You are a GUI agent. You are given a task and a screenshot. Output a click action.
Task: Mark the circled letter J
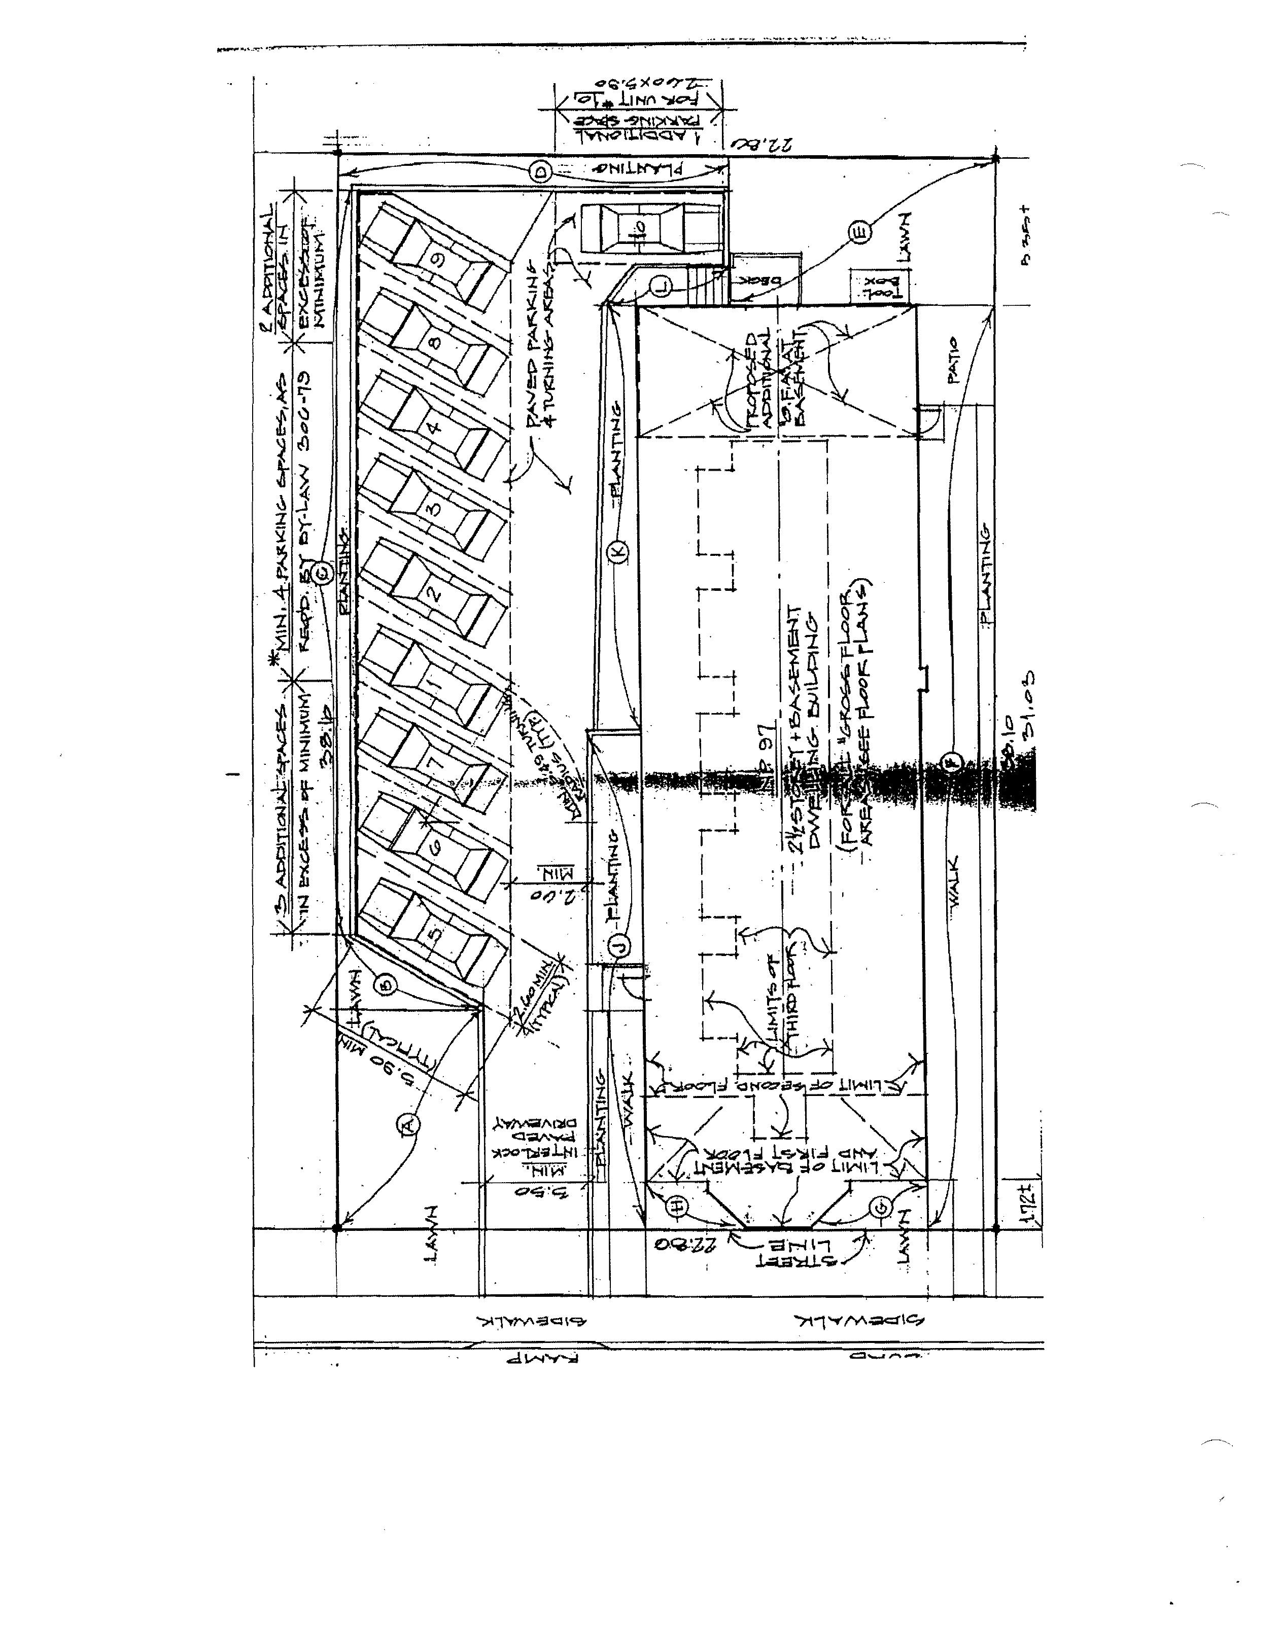619,946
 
